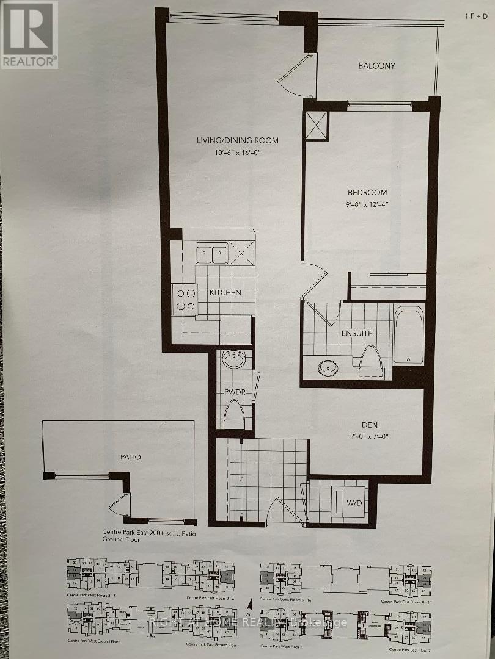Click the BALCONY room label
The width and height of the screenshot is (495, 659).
376,66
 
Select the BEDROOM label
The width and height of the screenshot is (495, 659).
365,192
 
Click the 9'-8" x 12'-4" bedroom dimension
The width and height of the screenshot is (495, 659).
365,206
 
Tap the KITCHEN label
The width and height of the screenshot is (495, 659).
225,293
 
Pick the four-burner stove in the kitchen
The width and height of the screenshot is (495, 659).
185,300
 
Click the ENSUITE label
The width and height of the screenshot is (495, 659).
356,334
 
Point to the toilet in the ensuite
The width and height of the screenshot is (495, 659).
370,360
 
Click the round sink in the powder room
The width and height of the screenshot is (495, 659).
233,360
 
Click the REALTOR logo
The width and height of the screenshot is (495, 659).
29,34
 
